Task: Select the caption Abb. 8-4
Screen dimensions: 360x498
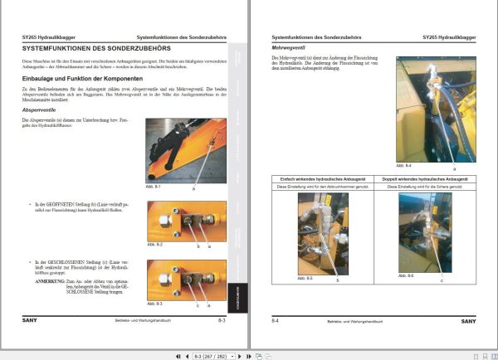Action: (x=403, y=166)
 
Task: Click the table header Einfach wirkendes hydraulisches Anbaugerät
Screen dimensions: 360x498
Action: (x=322, y=179)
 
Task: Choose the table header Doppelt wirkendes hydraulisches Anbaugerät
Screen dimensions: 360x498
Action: (x=426, y=179)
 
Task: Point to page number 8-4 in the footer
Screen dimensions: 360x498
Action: (x=276, y=319)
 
